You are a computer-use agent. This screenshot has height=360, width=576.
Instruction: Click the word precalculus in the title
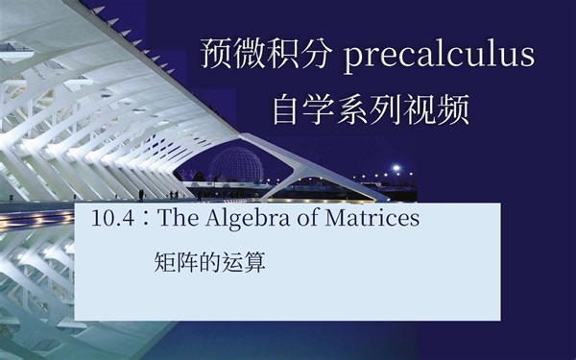[438, 57]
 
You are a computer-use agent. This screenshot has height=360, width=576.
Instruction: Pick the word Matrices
[372, 219]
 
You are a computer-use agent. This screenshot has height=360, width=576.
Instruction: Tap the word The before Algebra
[177, 219]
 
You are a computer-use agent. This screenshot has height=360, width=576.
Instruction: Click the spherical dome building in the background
[237, 163]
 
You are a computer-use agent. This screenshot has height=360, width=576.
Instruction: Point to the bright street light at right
[396, 169]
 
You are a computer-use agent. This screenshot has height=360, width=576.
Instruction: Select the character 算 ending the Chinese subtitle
[254, 261]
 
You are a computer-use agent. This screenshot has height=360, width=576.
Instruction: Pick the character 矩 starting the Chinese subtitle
[163, 261]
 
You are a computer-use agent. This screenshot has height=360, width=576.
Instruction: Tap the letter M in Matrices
[333, 219]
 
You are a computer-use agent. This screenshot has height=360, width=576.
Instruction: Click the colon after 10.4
[145, 220]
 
